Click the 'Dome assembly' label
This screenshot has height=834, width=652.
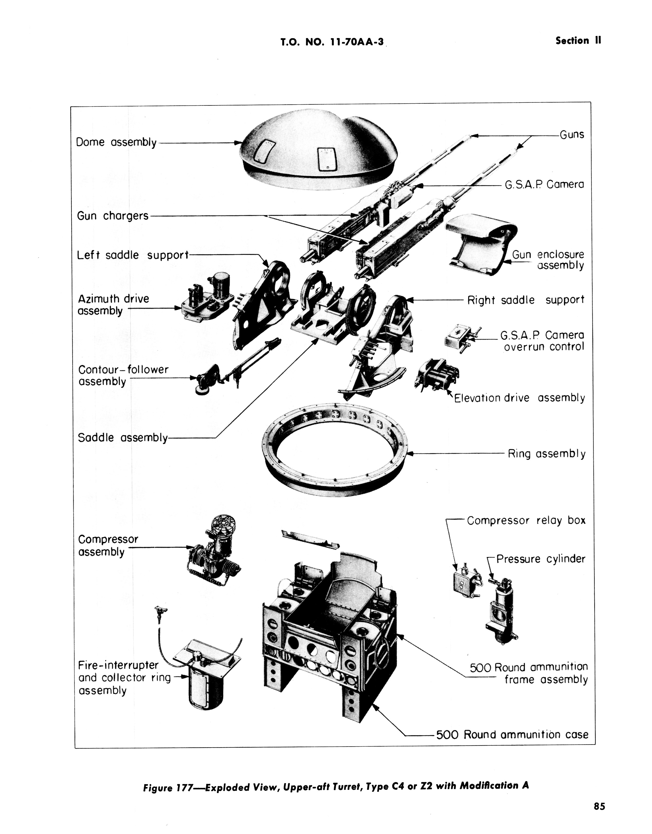coord(116,142)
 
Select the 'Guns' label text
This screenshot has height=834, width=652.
coord(572,135)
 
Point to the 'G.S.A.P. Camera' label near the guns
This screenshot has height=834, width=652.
coord(544,185)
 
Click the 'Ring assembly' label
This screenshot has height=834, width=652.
coord(546,454)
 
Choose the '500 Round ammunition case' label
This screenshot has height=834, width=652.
coord(512,735)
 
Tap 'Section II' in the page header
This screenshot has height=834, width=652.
coord(578,41)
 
